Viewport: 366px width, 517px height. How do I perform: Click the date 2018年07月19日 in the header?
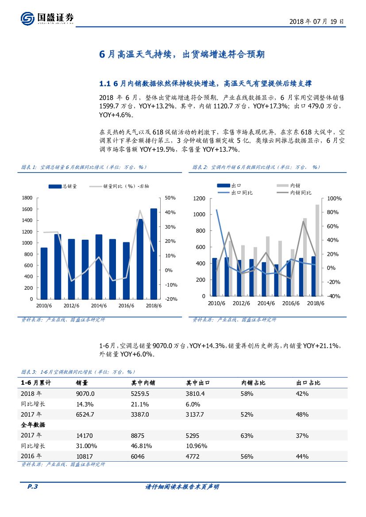[316, 21]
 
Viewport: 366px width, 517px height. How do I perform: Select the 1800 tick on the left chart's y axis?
[27, 198]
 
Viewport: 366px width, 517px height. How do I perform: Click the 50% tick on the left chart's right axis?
[170, 198]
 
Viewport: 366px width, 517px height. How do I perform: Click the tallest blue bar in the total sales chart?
[154, 253]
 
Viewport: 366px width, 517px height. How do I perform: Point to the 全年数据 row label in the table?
[34, 425]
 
